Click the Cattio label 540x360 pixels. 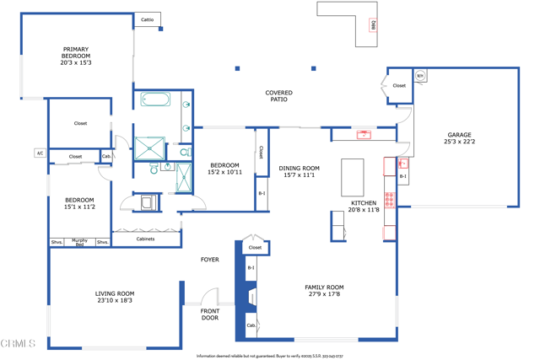tap(148, 19)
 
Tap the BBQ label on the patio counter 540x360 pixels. tap(373, 25)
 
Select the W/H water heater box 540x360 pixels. tap(420, 76)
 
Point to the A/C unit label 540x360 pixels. tap(40, 153)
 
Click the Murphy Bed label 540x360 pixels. tap(79, 242)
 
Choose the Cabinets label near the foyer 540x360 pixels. tap(145, 239)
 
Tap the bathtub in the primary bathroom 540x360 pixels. tap(158, 101)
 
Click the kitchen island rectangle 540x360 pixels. tap(353, 177)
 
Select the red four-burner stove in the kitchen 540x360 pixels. tap(389, 200)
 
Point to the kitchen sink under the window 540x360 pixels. tap(364, 134)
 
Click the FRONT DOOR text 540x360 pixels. tap(210, 314)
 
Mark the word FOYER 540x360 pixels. tap(209, 260)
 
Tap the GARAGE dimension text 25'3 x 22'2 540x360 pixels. tap(459, 142)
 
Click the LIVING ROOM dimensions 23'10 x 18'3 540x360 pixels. tap(114, 300)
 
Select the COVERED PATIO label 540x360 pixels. tap(278, 96)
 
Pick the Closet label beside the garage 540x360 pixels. tap(399, 85)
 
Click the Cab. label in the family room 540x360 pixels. tap(251, 325)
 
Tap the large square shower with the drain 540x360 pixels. tap(150, 148)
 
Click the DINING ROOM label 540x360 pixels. tap(299, 169)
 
